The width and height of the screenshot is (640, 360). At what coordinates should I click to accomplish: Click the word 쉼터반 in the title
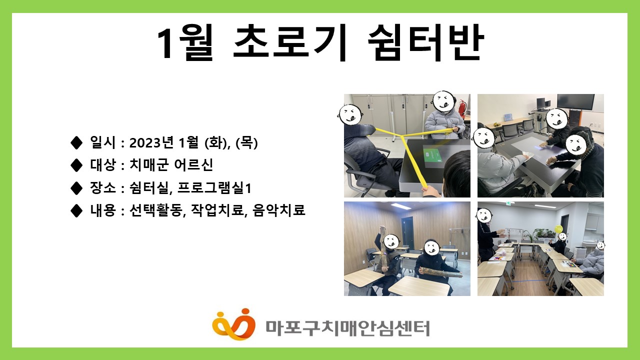[x=425, y=42]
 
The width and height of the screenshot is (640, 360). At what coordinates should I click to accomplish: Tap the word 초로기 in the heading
[x=290, y=42]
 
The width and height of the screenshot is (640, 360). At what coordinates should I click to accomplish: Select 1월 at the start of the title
[x=185, y=42]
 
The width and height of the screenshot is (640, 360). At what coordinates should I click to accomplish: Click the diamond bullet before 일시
[x=76, y=142]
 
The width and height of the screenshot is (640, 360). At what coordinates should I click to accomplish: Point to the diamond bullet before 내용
[x=76, y=210]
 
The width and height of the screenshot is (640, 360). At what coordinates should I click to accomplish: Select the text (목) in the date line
[x=246, y=142]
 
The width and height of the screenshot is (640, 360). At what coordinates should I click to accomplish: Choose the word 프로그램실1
[x=214, y=187]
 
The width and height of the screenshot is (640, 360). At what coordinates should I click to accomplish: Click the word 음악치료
[x=279, y=210]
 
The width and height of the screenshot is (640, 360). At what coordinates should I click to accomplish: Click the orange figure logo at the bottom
[x=233, y=324]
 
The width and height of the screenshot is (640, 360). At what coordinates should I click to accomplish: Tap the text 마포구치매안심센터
[x=347, y=328]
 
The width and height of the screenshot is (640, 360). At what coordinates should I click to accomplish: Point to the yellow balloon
[x=558, y=229]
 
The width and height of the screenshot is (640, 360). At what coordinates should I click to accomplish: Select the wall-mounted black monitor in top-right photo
[x=575, y=102]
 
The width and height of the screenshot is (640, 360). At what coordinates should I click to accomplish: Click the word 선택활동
[x=155, y=210]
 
